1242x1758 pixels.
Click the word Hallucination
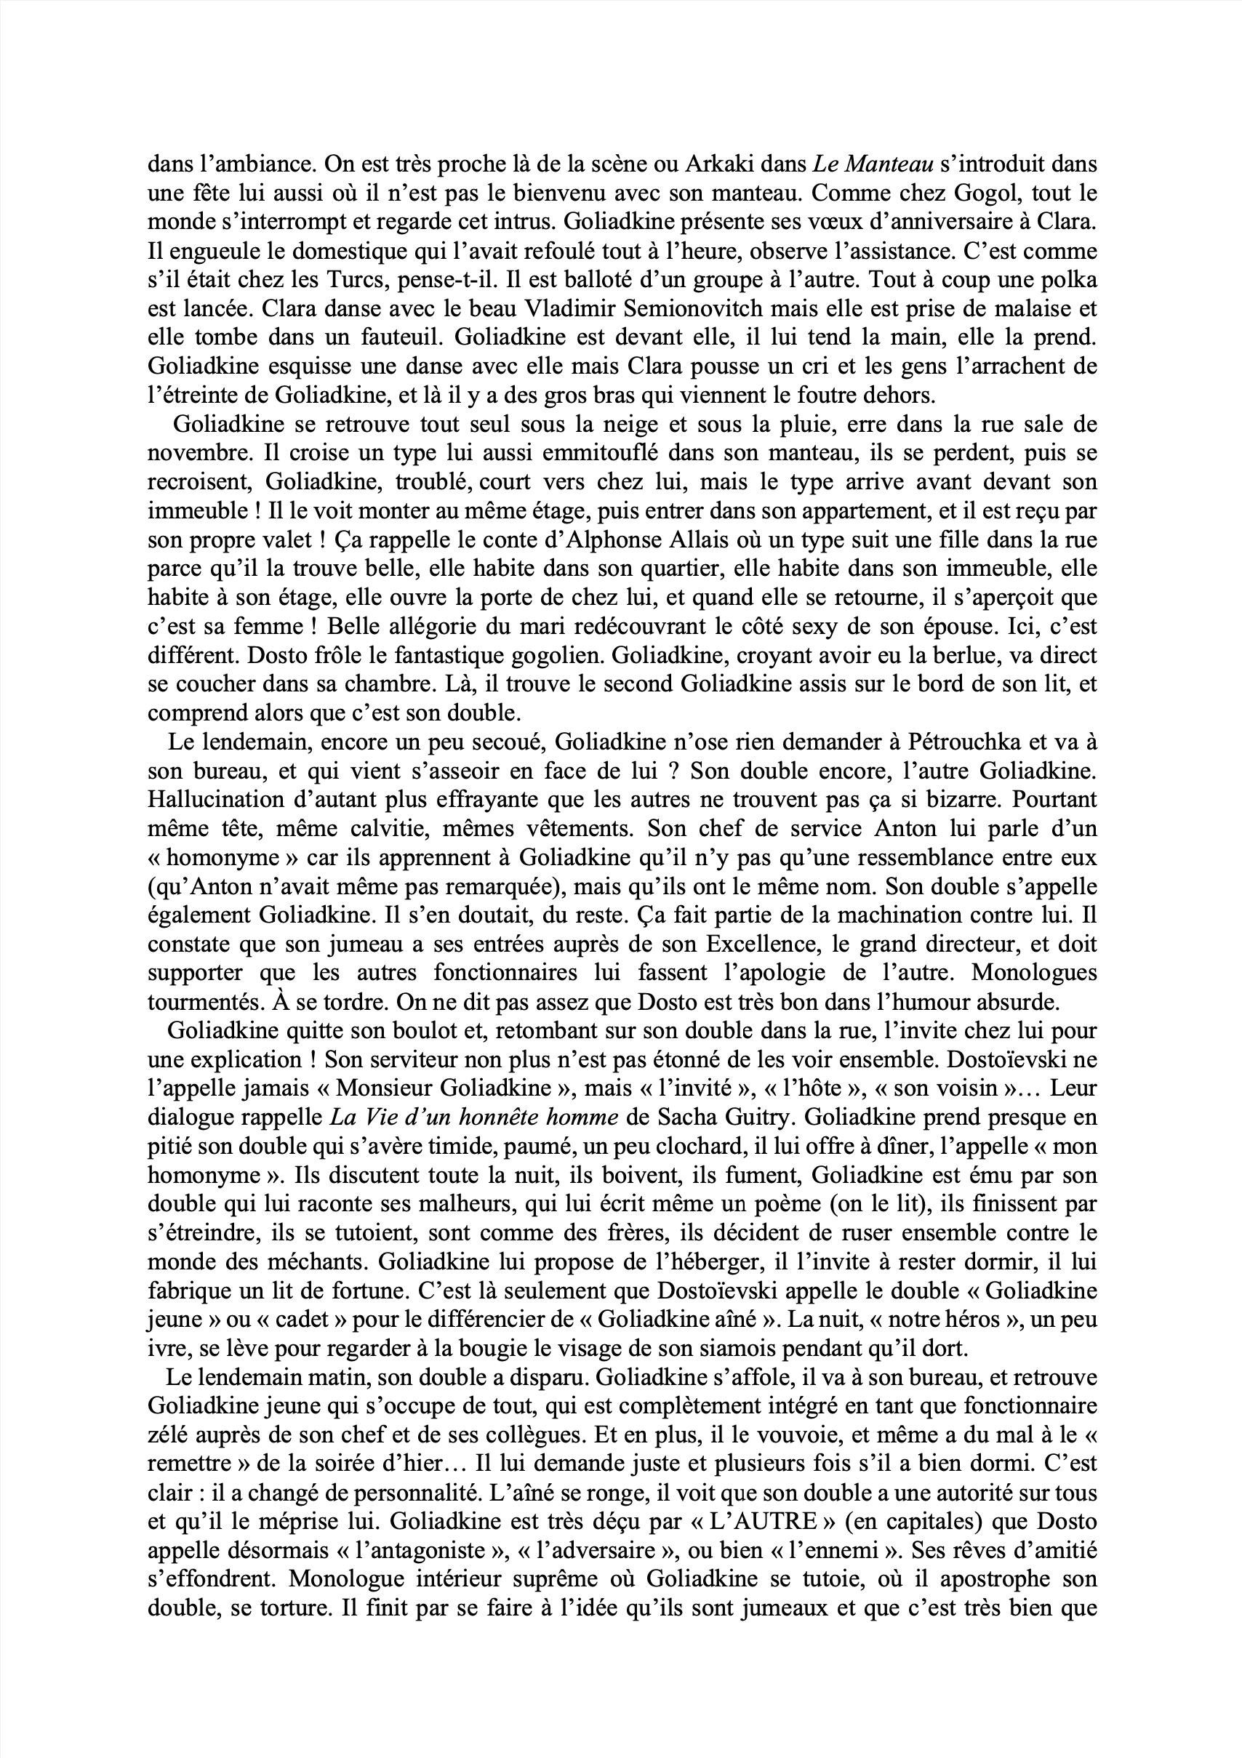[218, 800]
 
